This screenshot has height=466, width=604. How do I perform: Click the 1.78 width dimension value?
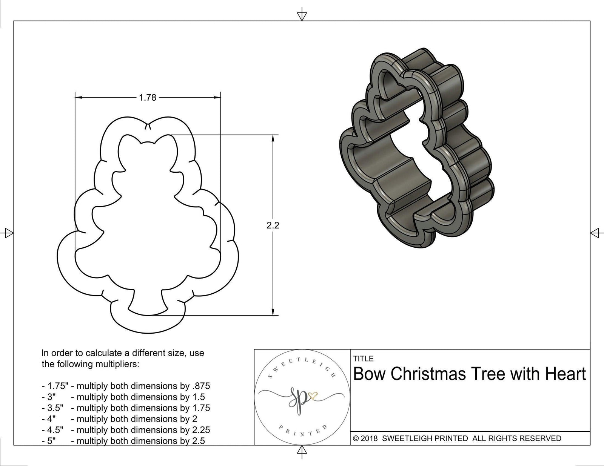(147, 98)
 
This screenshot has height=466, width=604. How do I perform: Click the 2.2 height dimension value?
(273, 225)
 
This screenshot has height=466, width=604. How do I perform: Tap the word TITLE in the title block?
(364, 359)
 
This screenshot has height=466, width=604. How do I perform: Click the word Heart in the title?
(565, 374)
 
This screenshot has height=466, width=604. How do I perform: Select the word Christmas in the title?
(428, 374)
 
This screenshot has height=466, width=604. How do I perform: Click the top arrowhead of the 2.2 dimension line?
(273, 138)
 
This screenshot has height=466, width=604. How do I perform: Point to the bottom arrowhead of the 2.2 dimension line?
(273, 312)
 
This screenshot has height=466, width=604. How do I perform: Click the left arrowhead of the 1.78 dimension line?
(78, 98)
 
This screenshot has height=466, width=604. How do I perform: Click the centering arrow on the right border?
(595, 233)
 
